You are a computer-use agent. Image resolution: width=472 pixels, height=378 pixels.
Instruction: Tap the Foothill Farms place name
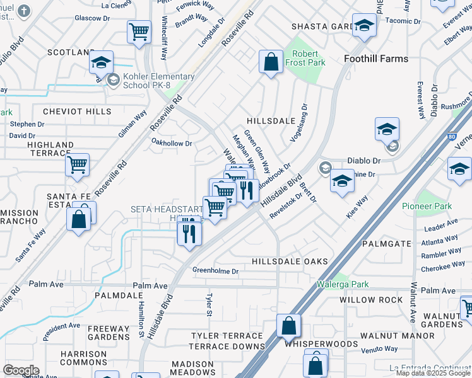(376, 59)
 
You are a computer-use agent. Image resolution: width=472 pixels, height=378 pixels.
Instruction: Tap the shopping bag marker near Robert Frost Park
(271, 62)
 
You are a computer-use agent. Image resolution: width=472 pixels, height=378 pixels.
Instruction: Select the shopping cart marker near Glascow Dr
(139, 31)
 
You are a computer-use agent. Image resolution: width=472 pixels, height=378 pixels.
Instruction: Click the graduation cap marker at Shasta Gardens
(364, 26)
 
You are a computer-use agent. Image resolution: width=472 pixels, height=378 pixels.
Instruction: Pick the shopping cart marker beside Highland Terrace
(77, 165)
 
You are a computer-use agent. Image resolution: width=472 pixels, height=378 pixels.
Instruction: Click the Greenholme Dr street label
(216, 271)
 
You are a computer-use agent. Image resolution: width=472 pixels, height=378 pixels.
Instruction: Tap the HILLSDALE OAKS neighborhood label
(290, 261)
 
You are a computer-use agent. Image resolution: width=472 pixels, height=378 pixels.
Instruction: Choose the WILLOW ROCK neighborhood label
(371, 300)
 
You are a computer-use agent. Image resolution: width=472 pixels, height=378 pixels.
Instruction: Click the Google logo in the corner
(21, 370)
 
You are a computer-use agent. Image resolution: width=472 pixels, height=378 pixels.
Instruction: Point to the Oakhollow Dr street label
(171, 144)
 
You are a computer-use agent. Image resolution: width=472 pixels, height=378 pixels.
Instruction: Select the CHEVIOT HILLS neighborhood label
(76, 112)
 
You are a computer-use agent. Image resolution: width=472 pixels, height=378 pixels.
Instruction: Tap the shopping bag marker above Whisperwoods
(288, 326)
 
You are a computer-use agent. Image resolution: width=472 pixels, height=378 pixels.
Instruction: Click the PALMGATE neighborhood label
(387, 243)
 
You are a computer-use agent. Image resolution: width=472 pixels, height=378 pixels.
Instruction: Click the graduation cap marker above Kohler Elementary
(101, 62)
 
